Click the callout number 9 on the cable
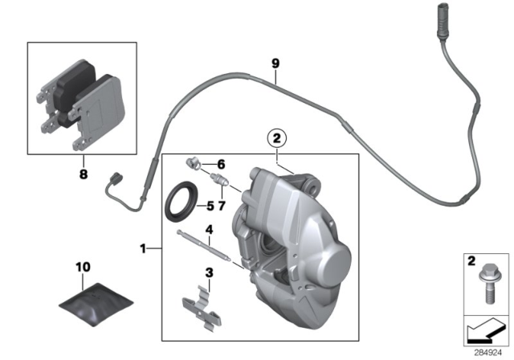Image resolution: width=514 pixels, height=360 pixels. pyautogui.click(x=275, y=63)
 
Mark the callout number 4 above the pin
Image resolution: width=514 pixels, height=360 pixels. pyautogui.click(x=207, y=229)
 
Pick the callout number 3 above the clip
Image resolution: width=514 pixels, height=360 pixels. pyautogui.click(x=208, y=272)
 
